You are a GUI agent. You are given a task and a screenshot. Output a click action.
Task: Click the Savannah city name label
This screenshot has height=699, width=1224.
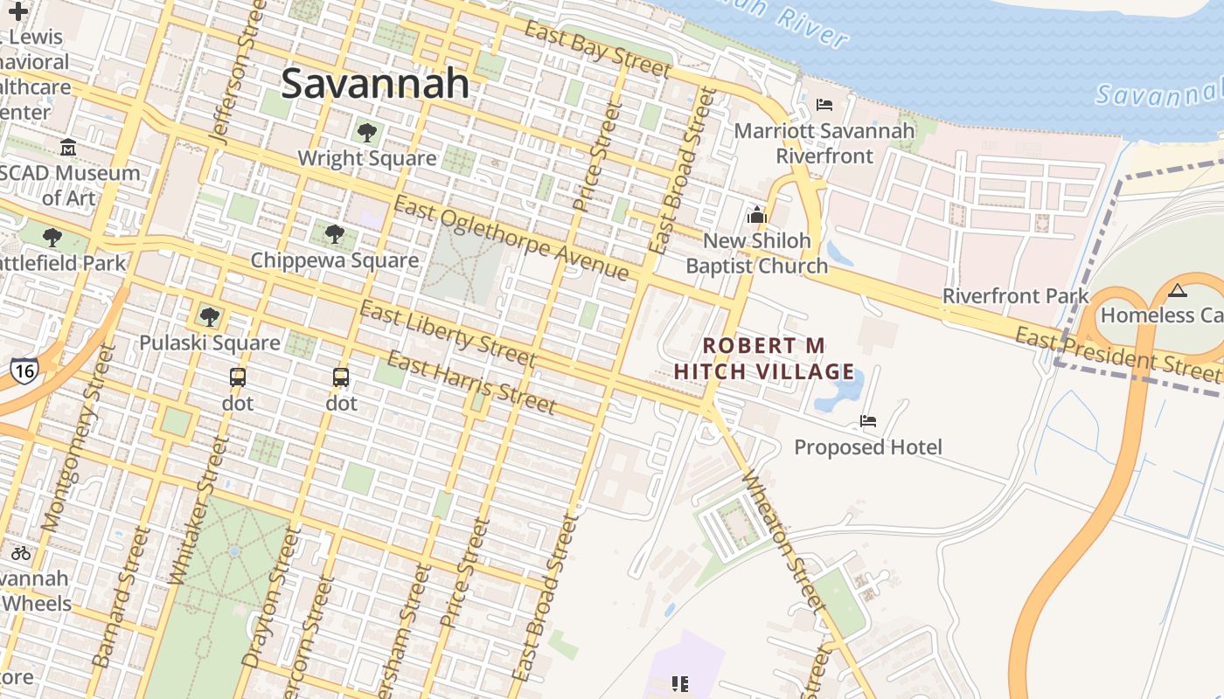click(375, 84)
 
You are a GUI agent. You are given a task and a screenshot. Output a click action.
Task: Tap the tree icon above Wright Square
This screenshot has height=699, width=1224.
click(367, 133)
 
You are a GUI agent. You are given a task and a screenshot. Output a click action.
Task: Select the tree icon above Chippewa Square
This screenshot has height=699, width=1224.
click(334, 234)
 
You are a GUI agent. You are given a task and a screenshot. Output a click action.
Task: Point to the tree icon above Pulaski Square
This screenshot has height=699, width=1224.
click(209, 316)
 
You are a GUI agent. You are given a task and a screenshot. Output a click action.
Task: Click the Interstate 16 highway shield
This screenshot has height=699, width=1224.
click(24, 370)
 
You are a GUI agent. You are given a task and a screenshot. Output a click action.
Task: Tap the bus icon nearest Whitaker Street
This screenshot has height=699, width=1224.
click(238, 377)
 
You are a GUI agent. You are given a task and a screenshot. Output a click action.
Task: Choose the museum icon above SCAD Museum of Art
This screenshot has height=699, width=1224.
click(68, 148)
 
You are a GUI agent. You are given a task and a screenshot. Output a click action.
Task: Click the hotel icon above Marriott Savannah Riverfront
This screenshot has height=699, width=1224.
click(824, 105)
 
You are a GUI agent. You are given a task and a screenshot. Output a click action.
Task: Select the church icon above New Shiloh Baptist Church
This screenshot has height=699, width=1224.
click(757, 215)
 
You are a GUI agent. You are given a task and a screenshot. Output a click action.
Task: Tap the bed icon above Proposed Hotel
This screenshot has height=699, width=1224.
click(868, 421)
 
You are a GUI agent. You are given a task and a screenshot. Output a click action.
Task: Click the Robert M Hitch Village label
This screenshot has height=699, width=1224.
click(764, 359)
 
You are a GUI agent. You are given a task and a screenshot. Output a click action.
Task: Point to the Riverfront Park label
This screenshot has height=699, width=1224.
click(1016, 296)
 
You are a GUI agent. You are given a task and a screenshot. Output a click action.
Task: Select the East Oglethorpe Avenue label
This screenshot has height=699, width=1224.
click(511, 239)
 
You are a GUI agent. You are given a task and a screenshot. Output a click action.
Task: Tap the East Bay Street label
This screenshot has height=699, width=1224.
click(598, 49)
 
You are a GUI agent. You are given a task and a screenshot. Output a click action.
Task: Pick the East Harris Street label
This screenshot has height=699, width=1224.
click(471, 383)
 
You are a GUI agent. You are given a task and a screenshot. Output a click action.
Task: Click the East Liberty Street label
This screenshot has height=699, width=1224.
click(448, 335)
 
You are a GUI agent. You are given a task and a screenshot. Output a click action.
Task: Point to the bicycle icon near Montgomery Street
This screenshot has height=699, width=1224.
click(21, 553)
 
